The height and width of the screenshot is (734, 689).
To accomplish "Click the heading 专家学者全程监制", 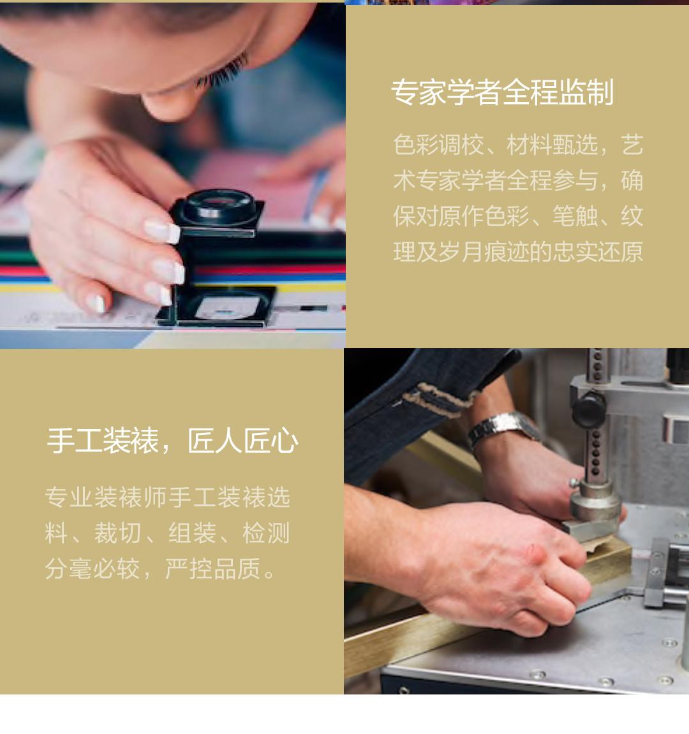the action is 502,92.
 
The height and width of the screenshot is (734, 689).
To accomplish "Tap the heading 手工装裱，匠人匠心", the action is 172,441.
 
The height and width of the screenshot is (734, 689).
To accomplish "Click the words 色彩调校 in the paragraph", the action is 438,145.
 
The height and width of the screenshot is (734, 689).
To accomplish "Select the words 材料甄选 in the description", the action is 552,145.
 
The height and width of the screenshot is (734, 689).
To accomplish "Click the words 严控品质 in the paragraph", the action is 212,569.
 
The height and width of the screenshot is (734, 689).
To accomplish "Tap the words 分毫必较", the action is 93,569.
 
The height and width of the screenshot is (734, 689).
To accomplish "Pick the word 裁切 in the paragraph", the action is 117,532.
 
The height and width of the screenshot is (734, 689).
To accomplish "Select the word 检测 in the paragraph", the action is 266,532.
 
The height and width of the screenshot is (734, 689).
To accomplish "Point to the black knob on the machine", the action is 588,409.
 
